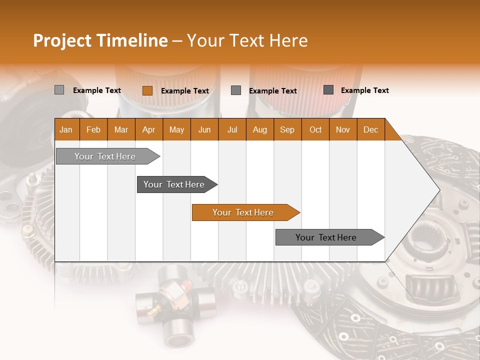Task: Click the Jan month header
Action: pos(66,130)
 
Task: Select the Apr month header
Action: pos(148,130)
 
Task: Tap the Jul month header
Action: pos(232,130)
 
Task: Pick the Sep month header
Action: pos(287,130)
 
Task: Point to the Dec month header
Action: pos(370,130)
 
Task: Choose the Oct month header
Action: pos(315,130)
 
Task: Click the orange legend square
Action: pos(147,90)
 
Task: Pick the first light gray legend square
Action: pos(59,90)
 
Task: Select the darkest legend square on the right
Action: pos(328,90)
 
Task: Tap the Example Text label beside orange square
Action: pos(184,91)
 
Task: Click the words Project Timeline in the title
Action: pos(100,40)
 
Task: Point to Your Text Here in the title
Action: pos(247,40)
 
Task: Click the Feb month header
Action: pos(93,130)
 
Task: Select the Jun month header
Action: pos(204,130)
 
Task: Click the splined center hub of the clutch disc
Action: pos(425,235)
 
